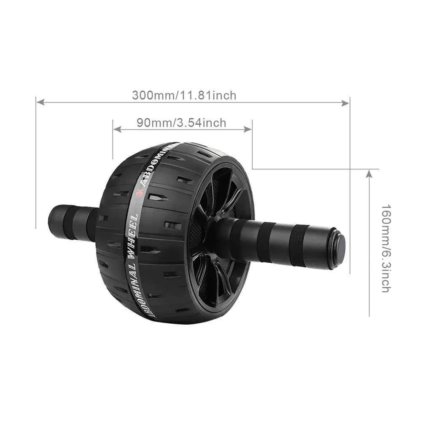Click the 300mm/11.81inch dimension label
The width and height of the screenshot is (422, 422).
[x=184, y=95]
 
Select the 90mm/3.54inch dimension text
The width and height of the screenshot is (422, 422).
[x=181, y=123]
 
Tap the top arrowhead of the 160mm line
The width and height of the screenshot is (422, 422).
[x=369, y=174]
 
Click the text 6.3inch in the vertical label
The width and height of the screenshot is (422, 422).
[x=385, y=274]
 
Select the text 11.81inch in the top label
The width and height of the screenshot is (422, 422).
[x=209, y=95]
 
